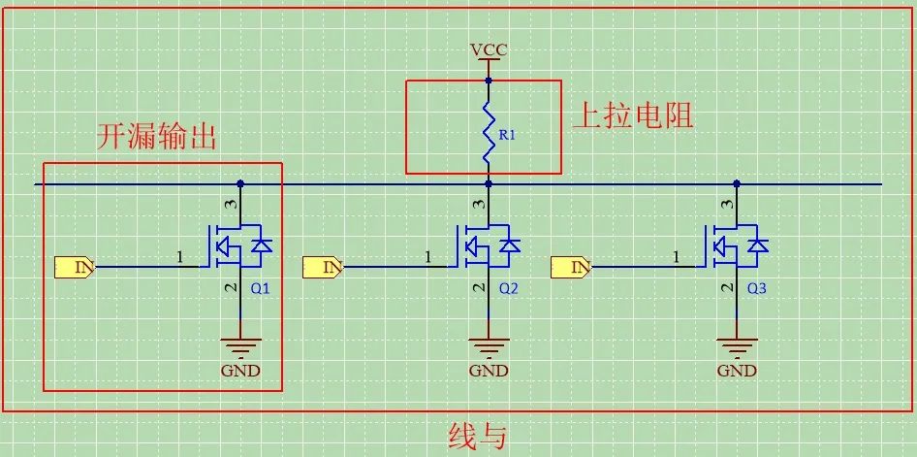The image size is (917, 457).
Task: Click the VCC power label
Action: tap(488, 49)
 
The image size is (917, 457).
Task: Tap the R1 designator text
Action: tap(507, 136)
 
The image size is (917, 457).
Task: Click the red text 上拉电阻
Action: tap(633, 116)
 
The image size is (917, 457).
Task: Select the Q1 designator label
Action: tap(261, 288)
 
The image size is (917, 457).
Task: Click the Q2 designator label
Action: tap(509, 288)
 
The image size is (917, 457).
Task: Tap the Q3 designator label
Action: tap(757, 288)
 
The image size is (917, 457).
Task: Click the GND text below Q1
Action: tap(240, 370)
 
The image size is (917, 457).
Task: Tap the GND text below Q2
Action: tap(489, 370)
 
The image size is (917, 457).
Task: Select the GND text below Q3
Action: tap(737, 370)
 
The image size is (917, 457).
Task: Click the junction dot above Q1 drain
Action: tap(240, 183)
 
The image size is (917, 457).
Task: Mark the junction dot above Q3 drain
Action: tap(737, 183)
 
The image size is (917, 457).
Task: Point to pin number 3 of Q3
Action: tap(727, 205)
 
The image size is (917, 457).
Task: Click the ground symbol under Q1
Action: tap(240, 345)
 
